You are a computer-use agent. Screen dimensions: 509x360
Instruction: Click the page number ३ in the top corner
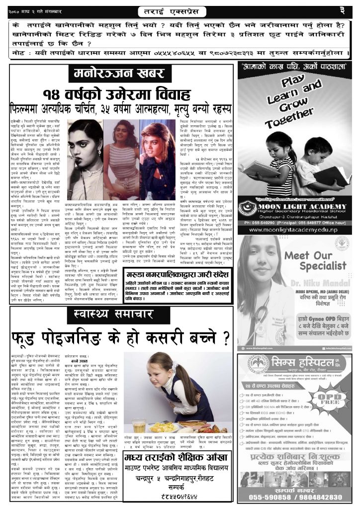pyautogui.click(x=350, y=10)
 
